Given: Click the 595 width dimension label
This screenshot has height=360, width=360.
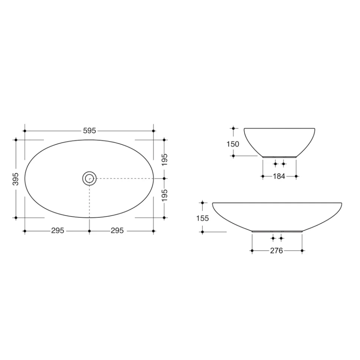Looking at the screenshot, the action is point(89,131).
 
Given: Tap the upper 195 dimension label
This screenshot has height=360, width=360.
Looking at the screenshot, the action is point(164,160).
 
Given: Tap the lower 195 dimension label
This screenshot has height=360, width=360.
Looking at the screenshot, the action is point(164,196).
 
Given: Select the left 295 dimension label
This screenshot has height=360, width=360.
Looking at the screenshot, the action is point(58,230).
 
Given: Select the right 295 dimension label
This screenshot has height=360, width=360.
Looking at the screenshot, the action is point(117,230).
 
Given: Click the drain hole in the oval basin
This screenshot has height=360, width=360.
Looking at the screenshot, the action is point(89,178).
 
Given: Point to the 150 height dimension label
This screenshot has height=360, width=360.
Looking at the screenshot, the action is point(233,144).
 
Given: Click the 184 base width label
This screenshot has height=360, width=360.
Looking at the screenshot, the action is point(279,176).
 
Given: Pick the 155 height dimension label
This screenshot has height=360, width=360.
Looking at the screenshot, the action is point(202,218).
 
